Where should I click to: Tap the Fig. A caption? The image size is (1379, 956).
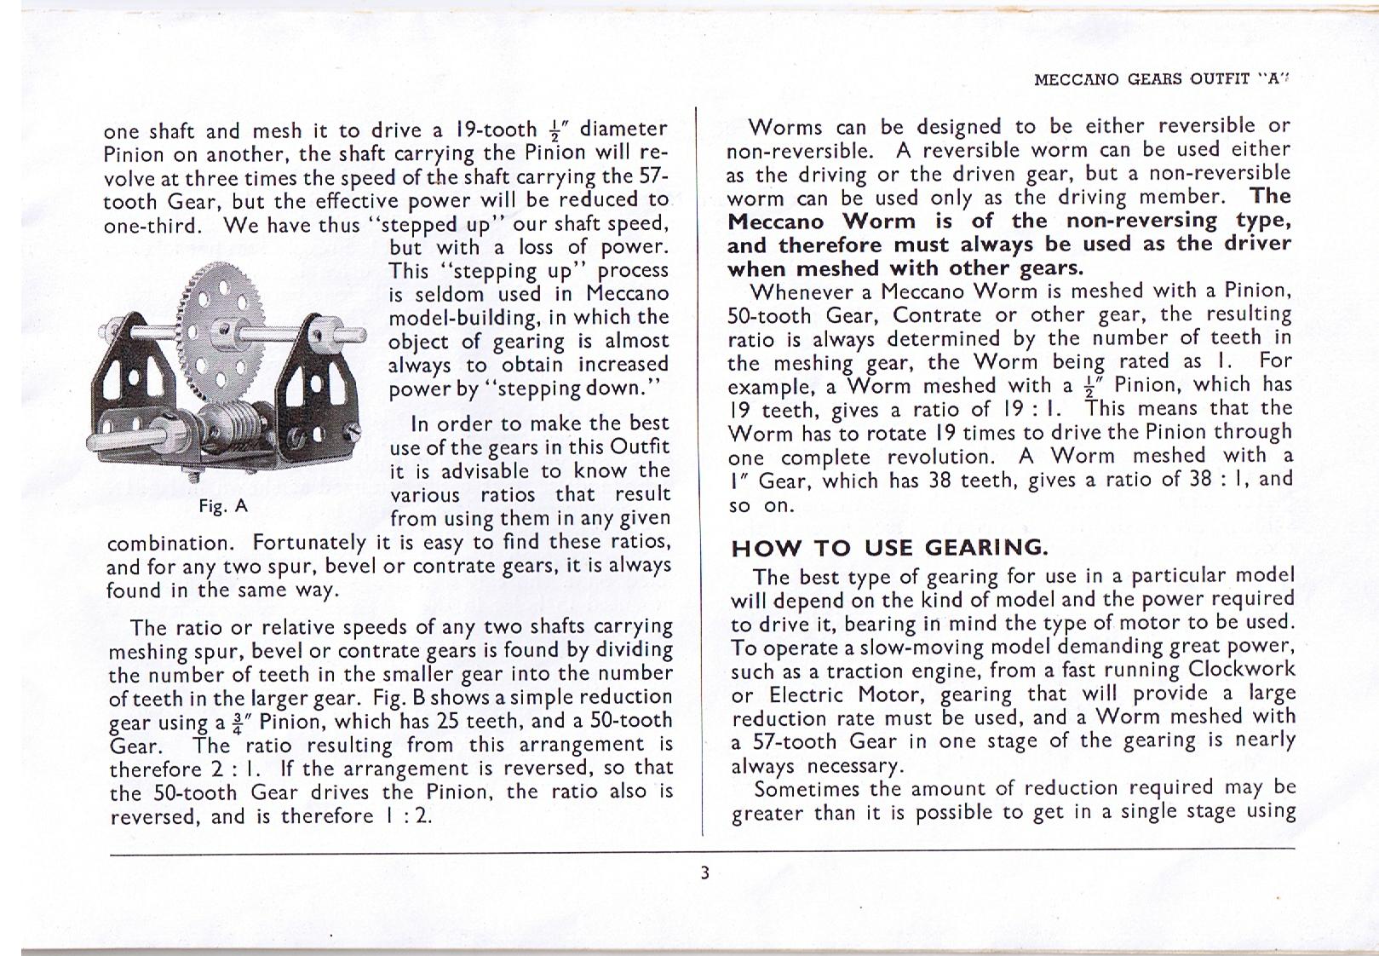(x=222, y=506)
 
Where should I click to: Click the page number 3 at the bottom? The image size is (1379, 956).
(x=704, y=872)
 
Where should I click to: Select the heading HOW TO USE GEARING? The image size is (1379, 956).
(x=888, y=547)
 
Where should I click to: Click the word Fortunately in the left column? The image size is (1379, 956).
(x=309, y=543)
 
